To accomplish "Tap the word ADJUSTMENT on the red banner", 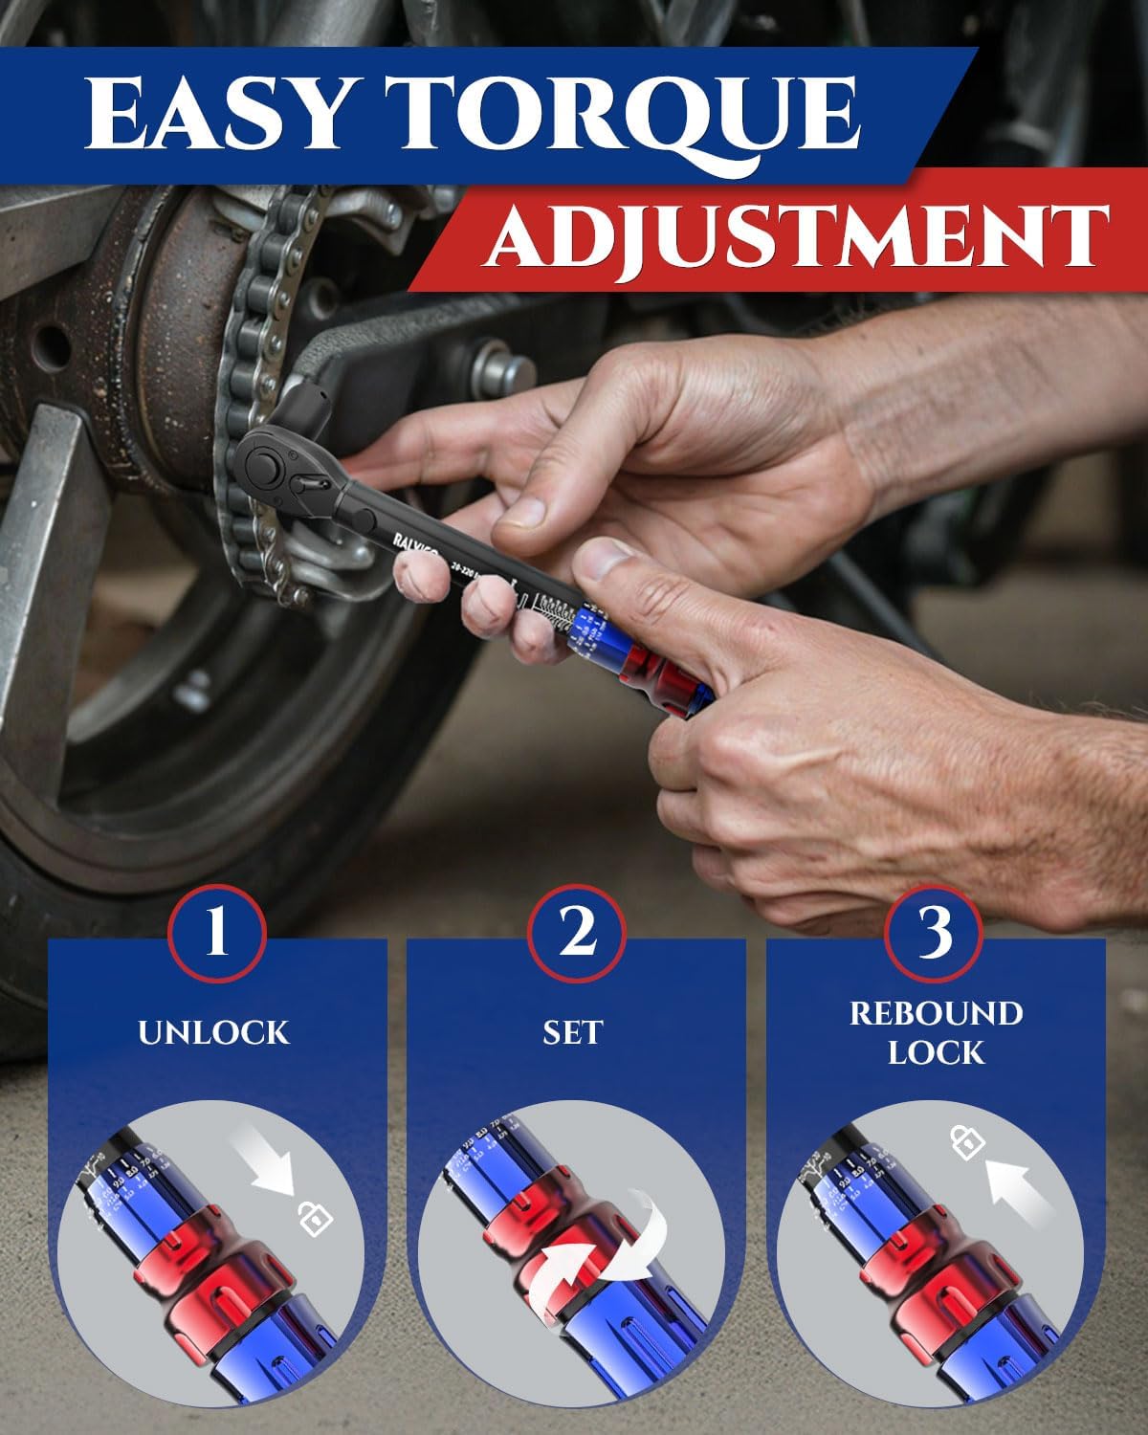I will (793, 235).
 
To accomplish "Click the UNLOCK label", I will (213, 1032).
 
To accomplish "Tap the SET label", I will (574, 1032).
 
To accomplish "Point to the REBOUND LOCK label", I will (936, 1032).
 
